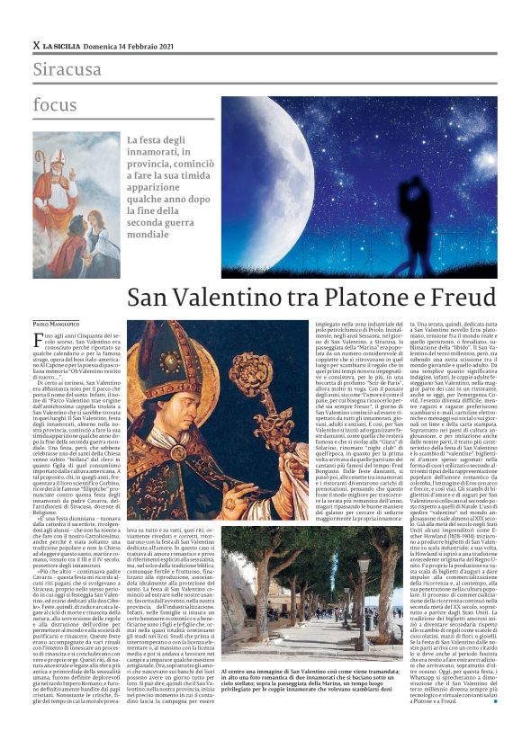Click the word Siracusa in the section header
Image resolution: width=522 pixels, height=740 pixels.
coord(66,69)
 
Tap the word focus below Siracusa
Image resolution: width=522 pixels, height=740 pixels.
coord(55,104)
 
